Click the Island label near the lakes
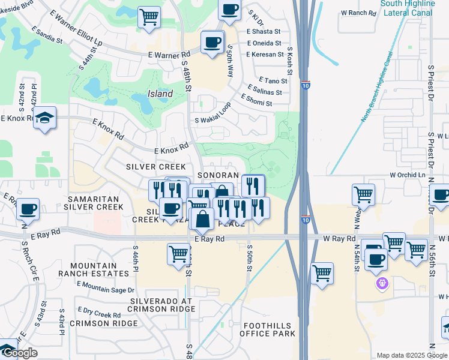coord(160,94)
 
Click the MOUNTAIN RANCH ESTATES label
coord(99,269)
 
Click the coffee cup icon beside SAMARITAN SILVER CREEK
coord(28,209)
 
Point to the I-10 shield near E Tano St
coord(306,85)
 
